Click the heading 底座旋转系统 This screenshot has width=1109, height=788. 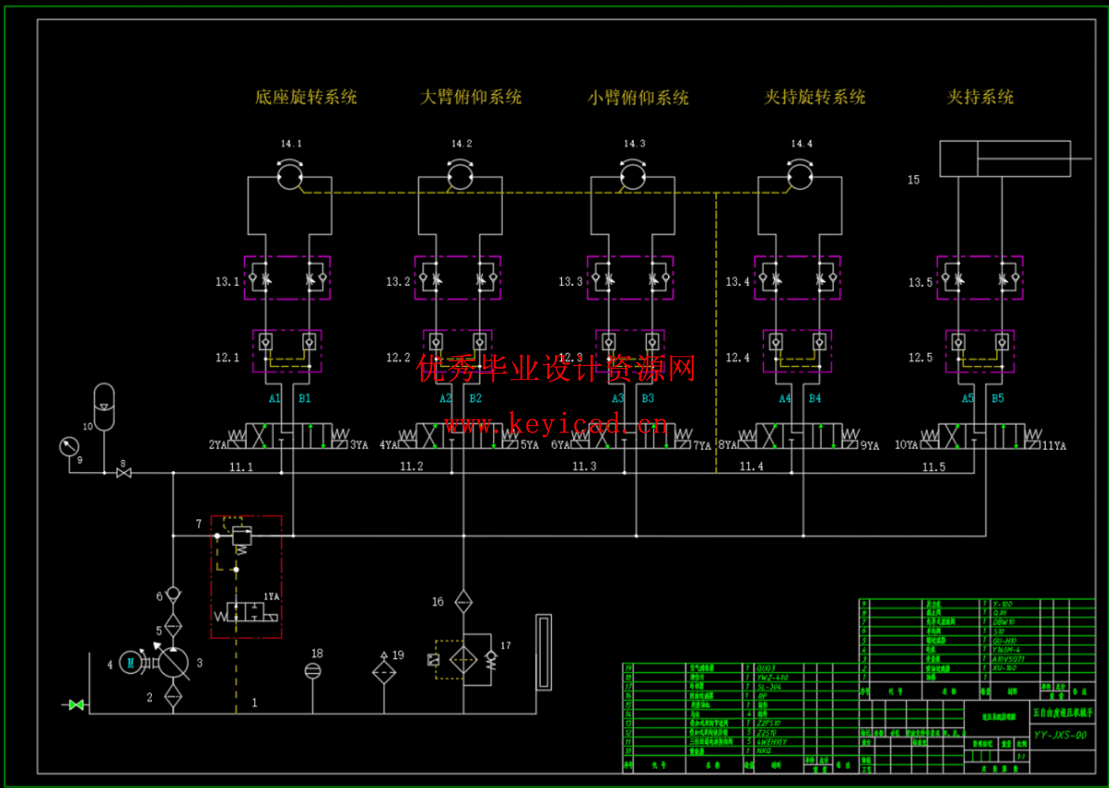click(x=306, y=97)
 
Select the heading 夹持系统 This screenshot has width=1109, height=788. click(x=980, y=97)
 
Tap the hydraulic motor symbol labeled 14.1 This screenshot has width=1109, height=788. click(x=290, y=175)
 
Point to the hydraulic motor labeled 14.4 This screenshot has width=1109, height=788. click(x=800, y=175)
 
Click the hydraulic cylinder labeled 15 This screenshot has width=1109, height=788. click(x=1005, y=158)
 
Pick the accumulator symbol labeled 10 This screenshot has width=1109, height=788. click(x=104, y=406)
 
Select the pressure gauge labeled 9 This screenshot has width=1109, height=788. click(x=70, y=447)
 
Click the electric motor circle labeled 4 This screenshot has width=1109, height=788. click(x=131, y=662)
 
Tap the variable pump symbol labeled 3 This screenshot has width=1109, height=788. click(x=173, y=663)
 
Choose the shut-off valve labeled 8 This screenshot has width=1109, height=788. click(x=123, y=473)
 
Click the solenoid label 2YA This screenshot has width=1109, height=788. click(x=217, y=445)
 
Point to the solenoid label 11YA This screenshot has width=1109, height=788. click(x=1054, y=446)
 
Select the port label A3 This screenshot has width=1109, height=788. click(x=617, y=398)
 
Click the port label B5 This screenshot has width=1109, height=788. click(x=997, y=398)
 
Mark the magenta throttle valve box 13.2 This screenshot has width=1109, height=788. click(x=458, y=278)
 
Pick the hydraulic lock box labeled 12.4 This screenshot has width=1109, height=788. click(x=797, y=351)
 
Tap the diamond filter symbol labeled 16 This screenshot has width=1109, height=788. click(x=464, y=602)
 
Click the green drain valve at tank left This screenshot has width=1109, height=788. click(x=76, y=705)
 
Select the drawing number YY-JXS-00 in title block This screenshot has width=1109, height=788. click(x=1060, y=736)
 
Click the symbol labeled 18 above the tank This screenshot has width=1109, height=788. click(x=313, y=671)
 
